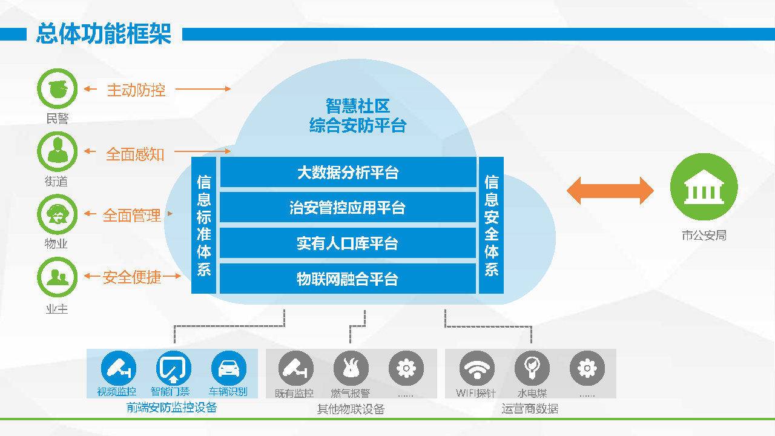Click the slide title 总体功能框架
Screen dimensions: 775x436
click(x=104, y=34)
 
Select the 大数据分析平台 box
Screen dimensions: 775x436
click(x=348, y=172)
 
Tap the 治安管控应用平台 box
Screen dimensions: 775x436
click(x=348, y=207)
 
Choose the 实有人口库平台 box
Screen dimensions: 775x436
click(x=348, y=243)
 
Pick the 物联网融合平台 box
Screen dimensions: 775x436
click(x=348, y=279)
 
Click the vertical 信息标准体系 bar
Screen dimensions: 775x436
click(x=204, y=225)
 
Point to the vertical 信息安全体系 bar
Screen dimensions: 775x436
click(x=491, y=225)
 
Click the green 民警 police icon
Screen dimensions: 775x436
click(x=57, y=88)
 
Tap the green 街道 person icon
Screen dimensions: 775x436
click(x=57, y=151)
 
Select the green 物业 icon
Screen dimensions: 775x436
click(x=57, y=214)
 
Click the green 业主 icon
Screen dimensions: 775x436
click(x=57, y=277)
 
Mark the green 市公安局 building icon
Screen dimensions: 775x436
click(x=704, y=187)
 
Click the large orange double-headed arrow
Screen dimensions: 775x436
click(x=610, y=191)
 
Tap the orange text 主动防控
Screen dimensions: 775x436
click(x=136, y=90)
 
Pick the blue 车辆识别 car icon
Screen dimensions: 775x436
click(x=228, y=368)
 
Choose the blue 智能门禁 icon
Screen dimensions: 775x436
click(x=173, y=368)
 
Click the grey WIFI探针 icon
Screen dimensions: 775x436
click(x=477, y=368)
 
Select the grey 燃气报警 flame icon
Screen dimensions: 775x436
click(x=351, y=368)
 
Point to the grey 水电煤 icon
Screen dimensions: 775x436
click(x=532, y=368)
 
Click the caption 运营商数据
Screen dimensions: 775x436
click(x=530, y=409)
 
